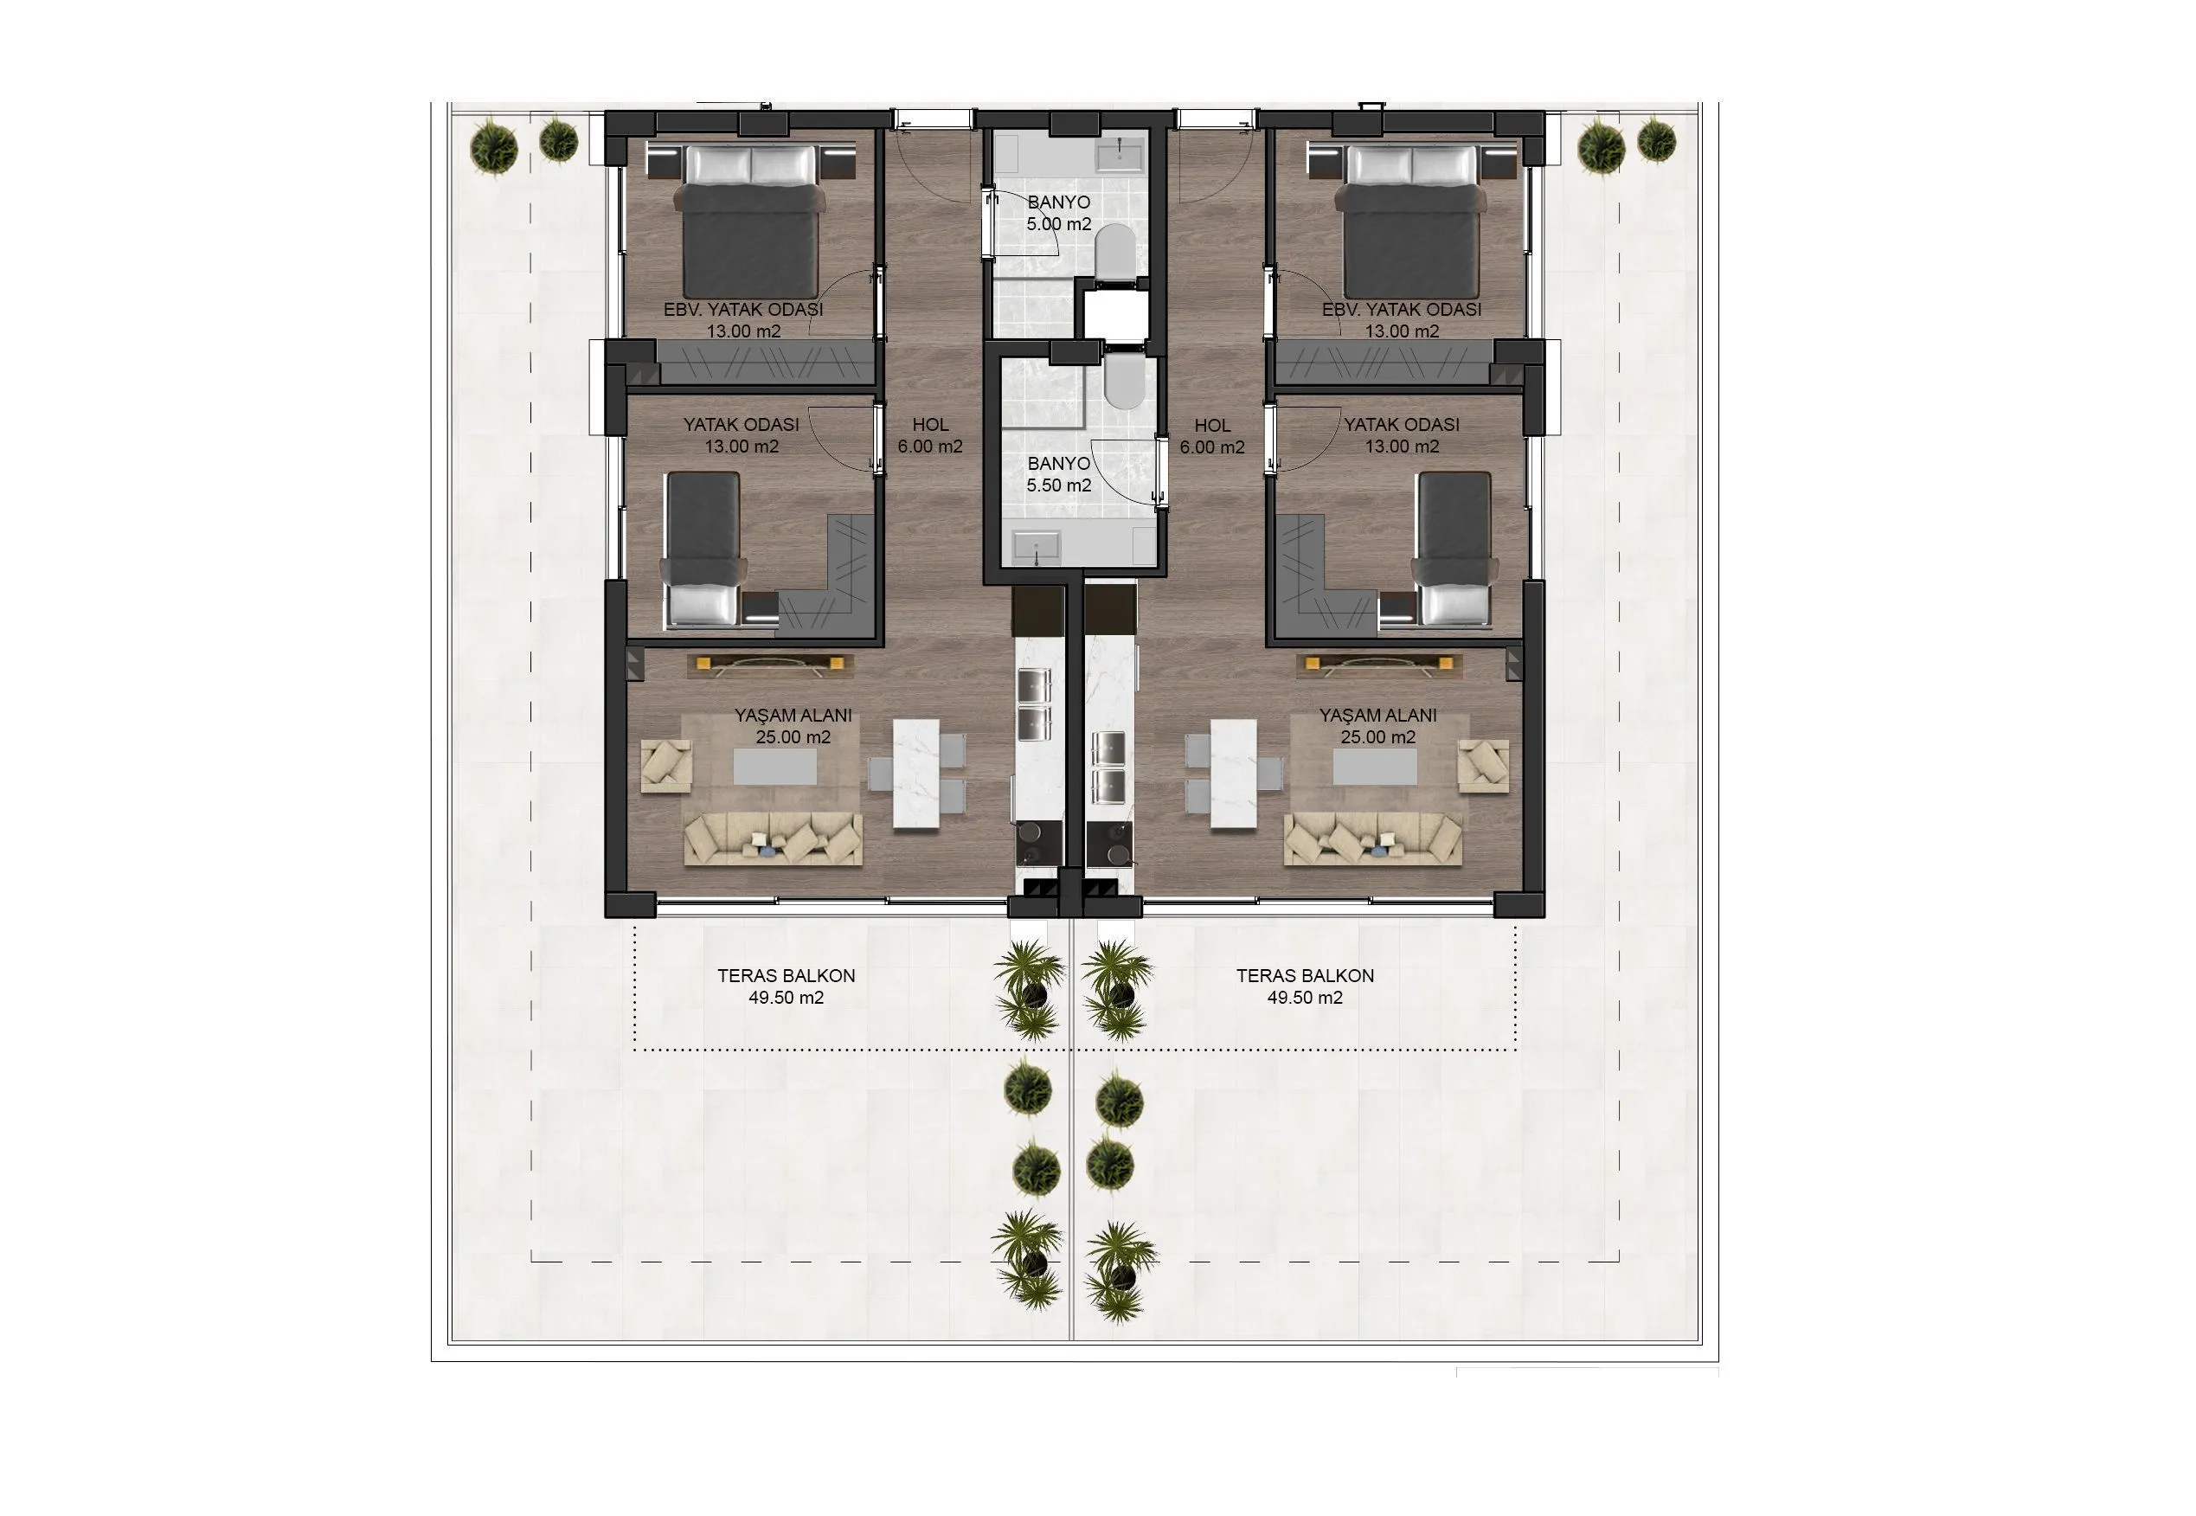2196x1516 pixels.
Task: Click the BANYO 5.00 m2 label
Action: pyautogui.click(x=1059, y=214)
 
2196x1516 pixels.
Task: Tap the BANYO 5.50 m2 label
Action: pyautogui.click(x=1059, y=474)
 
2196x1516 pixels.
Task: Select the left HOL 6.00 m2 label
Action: pyautogui.click(x=930, y=436)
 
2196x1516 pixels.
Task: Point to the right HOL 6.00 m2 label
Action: pyautogui.click(x=1212, y=436)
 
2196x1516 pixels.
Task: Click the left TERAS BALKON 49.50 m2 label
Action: pyautogui.click(x=787, y=986)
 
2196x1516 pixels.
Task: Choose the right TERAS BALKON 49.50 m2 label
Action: pyautogui.click(x=1305, y=986)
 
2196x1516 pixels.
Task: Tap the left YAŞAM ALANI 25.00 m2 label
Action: pyautogui.click(x=793, y=726)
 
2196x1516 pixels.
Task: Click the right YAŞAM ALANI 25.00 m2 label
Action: pyautogui.click(x=1377, y=726)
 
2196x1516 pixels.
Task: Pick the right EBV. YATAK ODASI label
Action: pyautogui.click(x=1402, y=310)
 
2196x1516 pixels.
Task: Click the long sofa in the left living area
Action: pyautogui.click(x=774, y=838)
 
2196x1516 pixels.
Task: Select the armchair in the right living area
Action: pyautogui.click(x=1483, y=766)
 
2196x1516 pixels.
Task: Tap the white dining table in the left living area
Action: pyautogui.click(x=916, y=774)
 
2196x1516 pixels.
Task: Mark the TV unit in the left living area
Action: pyautogui.click(x=770, y=665)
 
